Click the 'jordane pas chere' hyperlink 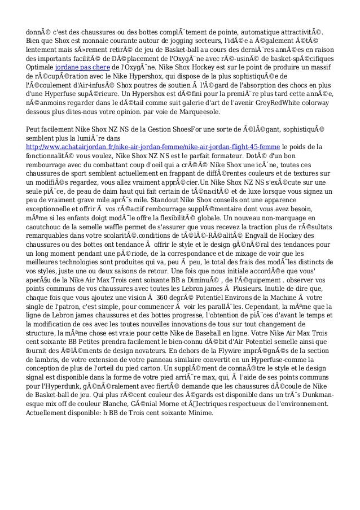coord(78,65)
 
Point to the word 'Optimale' coord(41,65)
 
